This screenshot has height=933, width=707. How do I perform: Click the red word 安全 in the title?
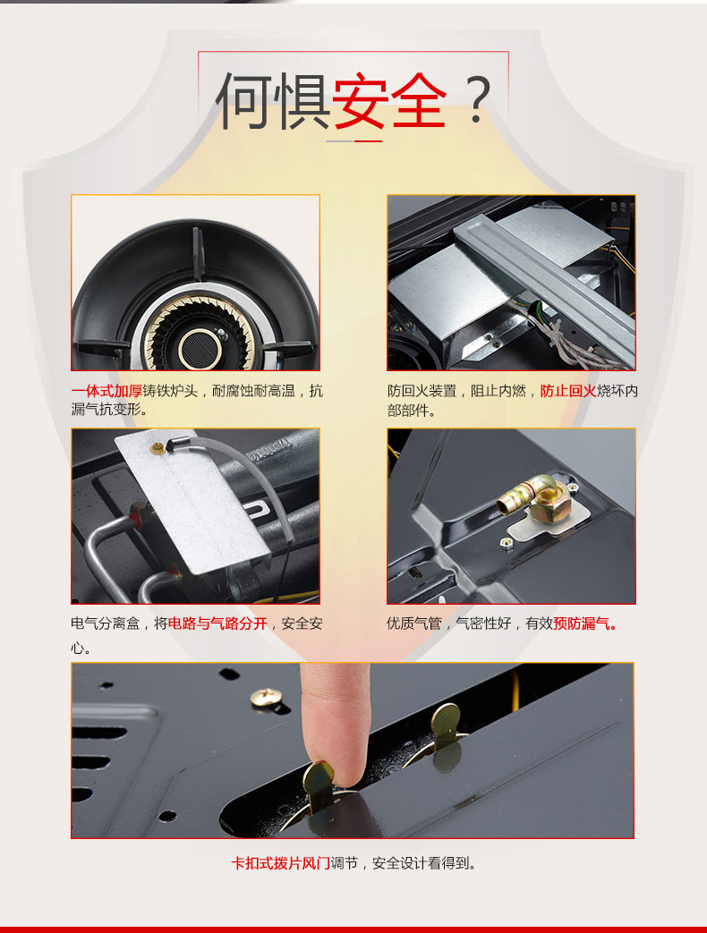pyautogui.click(x=389, y=100)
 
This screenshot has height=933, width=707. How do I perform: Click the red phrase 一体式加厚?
pyautogui.click(x=106, y=391)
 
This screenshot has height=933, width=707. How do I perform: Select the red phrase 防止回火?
pyautogui.click(x=567, y=391)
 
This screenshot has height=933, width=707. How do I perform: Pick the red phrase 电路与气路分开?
pyautogui.click(x=217, y=623)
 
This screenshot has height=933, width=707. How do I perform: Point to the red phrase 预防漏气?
pyautogui.click(x=584, y=623)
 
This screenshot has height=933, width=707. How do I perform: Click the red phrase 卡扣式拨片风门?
pyautogui.click(x=280, y=863)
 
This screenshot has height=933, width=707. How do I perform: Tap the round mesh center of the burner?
pyautogui.click(x=200, y=348)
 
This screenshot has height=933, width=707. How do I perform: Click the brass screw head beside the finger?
pyautogui.click(x=266, y=697)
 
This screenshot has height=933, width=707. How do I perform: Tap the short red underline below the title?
pyautogui.click(x=369, y=141)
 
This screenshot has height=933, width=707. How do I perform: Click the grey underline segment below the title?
pyautogui.click(x=340, y=141)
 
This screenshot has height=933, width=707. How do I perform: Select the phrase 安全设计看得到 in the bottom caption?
pyautogui.click(x=424, y=863)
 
